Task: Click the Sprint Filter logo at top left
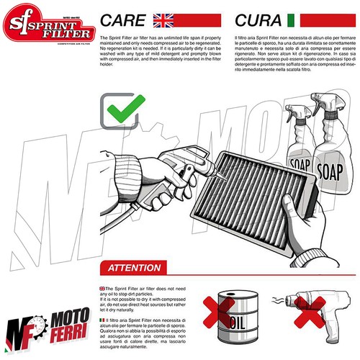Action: click(x=48, y=27)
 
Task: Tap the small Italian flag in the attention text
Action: click(x=103, y=318)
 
